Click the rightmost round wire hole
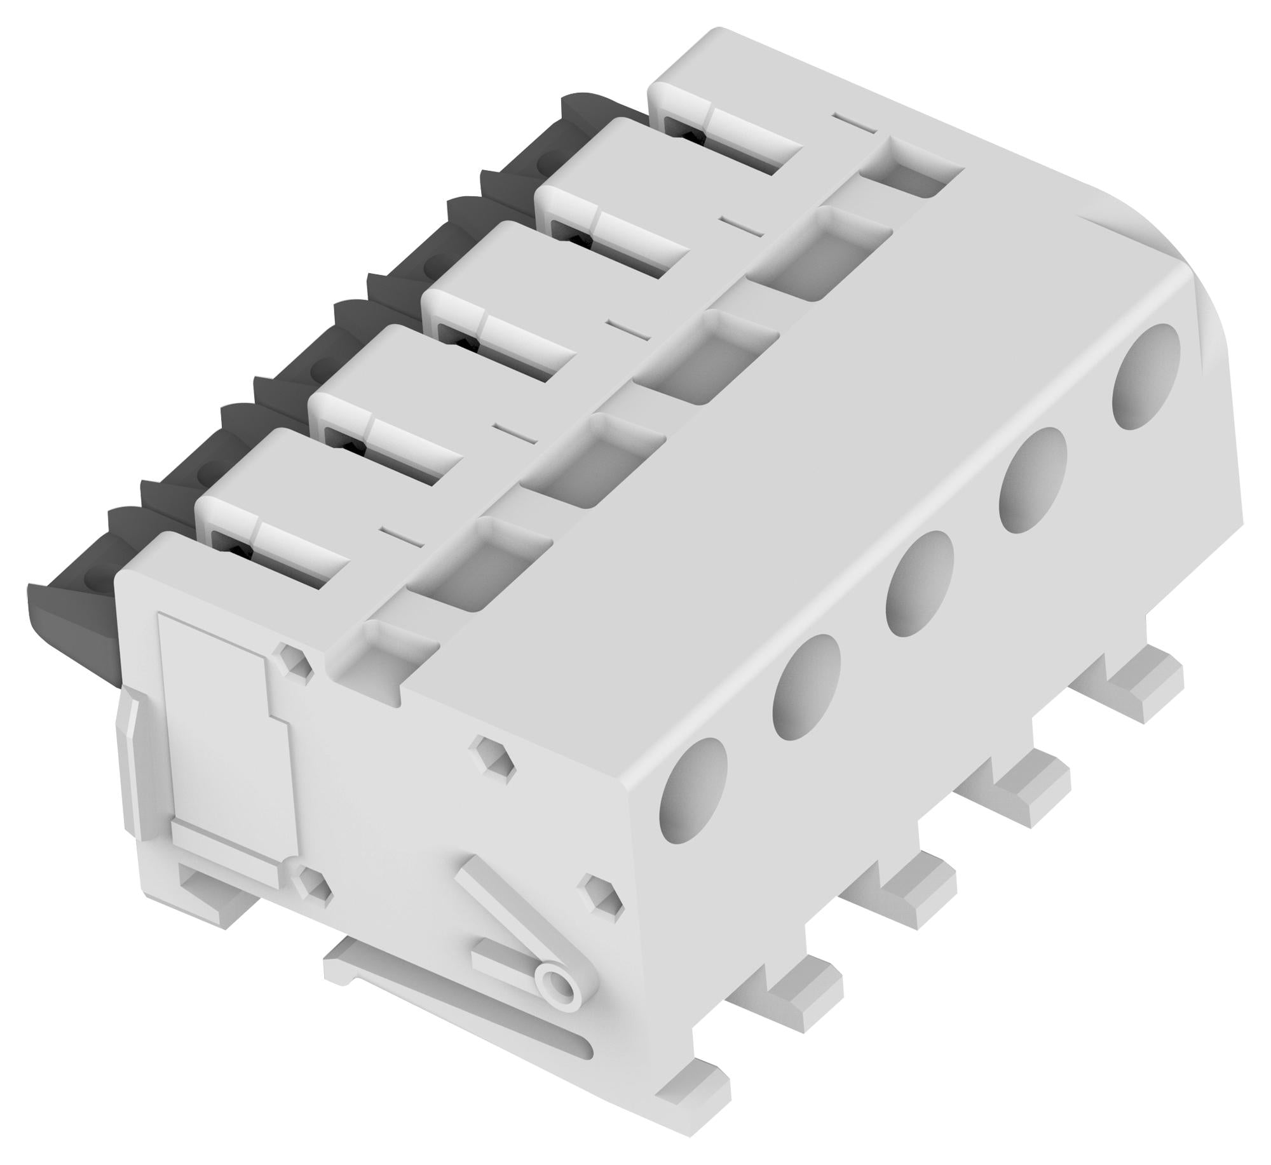1146,377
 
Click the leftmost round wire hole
693,791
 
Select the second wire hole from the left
805,687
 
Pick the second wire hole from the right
1032,480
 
